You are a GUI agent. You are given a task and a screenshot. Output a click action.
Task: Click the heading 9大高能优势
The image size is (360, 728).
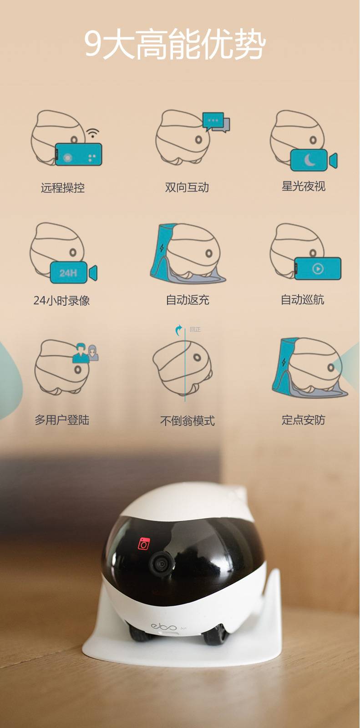(175, 44)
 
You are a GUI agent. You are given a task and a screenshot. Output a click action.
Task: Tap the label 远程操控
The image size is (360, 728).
(63, 188)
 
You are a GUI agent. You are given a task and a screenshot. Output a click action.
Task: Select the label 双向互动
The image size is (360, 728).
(187, 187)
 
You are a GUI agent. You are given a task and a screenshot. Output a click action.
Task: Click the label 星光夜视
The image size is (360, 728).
(304, 186)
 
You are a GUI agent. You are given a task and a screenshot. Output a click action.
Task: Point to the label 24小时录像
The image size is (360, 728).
(61, 300)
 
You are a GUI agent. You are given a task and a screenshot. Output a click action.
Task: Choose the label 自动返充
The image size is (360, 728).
(188, 300)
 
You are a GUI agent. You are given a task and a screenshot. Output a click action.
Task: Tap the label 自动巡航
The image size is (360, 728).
(303, 300)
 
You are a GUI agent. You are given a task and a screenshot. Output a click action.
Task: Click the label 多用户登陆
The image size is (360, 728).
(62, 420)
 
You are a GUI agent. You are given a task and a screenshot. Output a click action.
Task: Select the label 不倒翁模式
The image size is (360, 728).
(188, 421)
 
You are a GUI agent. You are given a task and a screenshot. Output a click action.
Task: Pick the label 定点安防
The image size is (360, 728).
(304, 420)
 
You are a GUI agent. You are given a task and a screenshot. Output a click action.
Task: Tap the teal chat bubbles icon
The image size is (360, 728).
(216, 122)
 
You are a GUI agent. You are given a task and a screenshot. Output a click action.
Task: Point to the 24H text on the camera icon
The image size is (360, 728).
(68, 273)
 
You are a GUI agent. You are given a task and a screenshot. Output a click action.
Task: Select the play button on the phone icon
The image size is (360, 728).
(318, 269)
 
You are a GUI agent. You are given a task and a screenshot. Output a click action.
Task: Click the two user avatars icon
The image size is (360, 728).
(86, 353)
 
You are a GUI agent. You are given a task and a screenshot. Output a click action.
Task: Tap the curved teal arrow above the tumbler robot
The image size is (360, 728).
(178, 330)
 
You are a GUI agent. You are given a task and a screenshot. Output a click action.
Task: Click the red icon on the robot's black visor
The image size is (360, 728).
(144, 543)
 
